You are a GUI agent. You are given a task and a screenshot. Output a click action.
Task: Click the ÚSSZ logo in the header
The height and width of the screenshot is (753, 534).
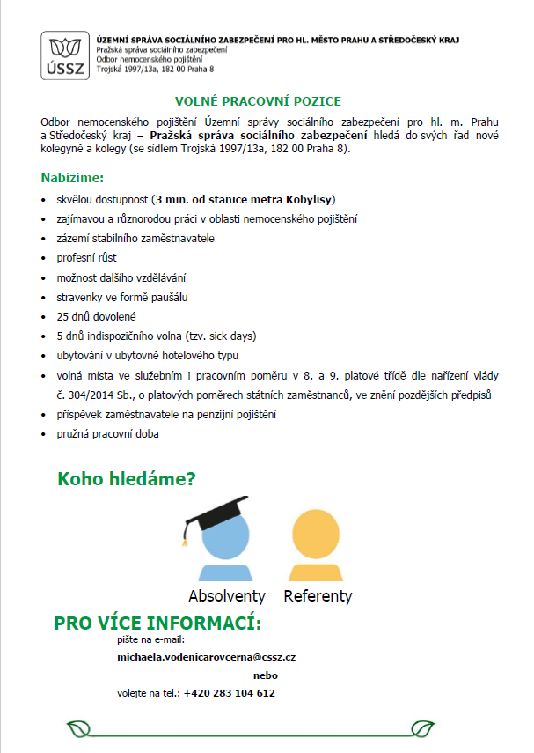click(x=66, y=55)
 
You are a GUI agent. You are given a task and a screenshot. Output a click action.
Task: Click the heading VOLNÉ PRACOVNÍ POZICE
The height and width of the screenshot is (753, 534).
click(x=258, y=102)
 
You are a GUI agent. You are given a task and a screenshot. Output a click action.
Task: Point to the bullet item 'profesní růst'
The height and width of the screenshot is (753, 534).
click(x=86, y=258)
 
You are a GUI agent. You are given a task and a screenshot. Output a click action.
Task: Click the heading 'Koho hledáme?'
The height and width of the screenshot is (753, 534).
click(x=126, y=479)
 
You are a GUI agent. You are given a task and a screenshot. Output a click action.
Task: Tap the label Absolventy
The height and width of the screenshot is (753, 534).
click(x=226, y=596)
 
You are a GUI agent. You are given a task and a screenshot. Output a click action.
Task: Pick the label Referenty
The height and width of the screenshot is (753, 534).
click(x=318, y=596)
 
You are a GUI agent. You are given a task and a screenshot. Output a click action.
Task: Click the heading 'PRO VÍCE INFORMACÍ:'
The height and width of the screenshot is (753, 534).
click(x=157, y=624)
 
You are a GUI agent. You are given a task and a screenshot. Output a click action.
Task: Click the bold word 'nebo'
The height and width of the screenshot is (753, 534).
click(x=265, y=675)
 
